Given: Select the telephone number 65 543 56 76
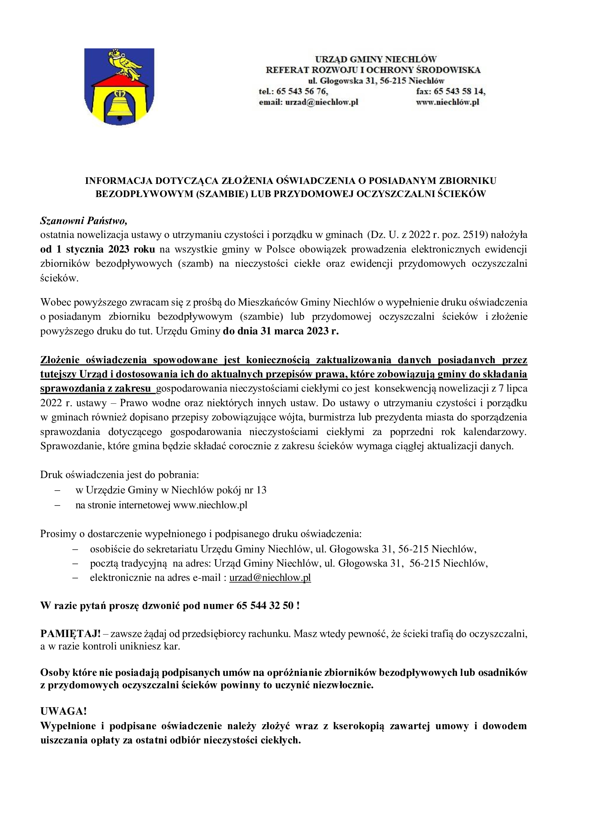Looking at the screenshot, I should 302,91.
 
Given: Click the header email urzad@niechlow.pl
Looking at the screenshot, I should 322,102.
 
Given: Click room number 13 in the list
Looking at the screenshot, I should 261,490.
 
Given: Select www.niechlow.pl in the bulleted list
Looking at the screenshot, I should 210,505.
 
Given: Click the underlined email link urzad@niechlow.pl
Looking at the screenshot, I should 270,577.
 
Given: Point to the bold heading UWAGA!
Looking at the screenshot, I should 63,711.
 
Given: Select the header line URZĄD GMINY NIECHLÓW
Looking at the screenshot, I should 375,59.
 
